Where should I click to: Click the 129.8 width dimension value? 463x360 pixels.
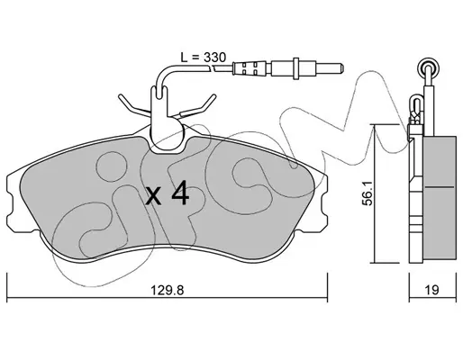(x=167, y=291)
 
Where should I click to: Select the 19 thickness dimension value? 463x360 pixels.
(x=432, y=290)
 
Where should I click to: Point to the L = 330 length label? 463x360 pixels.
(x=203, y=57)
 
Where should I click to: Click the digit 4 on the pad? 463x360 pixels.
(x=180, y=194)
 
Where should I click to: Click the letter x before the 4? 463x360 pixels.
(x=154, y=197)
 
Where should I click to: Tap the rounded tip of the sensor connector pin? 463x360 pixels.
(x=342, y=68)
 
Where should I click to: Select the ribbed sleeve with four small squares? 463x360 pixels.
(x=250, y=68)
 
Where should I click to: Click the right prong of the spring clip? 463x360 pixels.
(x=201, y=105)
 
